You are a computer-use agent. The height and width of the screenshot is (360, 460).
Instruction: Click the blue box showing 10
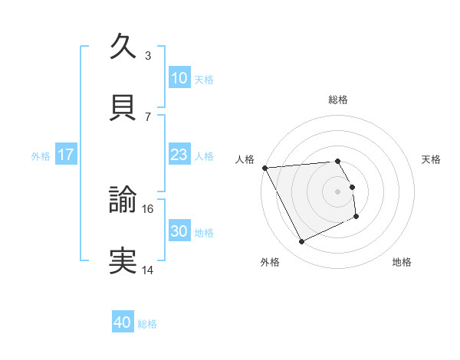[x=179, y=78]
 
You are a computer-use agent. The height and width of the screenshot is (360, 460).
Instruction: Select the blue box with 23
[x=179, y=155]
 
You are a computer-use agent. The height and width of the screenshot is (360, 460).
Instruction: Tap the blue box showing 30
[x=179, y=231]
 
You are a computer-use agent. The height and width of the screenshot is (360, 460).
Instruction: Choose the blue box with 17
[x=65, y=155]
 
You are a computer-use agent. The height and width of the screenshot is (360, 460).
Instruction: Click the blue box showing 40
[x=123, y=323]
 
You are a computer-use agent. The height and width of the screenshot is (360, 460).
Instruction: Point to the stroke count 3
[x=148, y=55]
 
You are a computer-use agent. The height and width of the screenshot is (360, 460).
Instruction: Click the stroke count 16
[x=149, y=208]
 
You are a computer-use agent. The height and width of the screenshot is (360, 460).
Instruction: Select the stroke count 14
[x=148, y=270]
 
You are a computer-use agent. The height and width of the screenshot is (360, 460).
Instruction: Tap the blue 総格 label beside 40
[x=147, y=324]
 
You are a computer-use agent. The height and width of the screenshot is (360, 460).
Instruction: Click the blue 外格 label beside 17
[x=41, y=155]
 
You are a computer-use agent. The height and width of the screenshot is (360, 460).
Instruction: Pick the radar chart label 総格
[x=338, y=100]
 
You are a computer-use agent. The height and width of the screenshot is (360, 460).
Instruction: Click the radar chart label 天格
[x=432, y=159]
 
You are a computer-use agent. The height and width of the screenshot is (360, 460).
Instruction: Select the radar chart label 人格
[x=245, y=159]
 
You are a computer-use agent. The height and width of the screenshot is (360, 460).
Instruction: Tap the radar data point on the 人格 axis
[x=264, y=168]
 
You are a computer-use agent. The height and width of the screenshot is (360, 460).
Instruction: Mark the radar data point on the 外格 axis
[x=301, y=242]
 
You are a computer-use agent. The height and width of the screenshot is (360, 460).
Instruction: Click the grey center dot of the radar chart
[x=338, y=191]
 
